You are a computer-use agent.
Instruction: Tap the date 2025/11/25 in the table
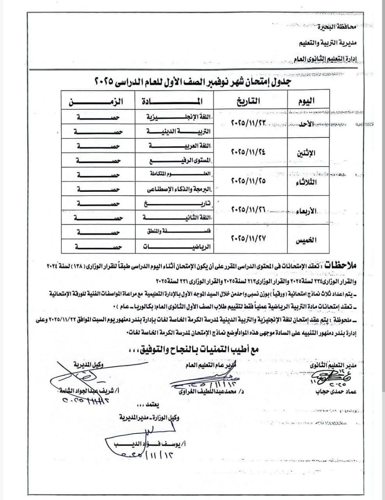pyautogui.click(x=248, y=182)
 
